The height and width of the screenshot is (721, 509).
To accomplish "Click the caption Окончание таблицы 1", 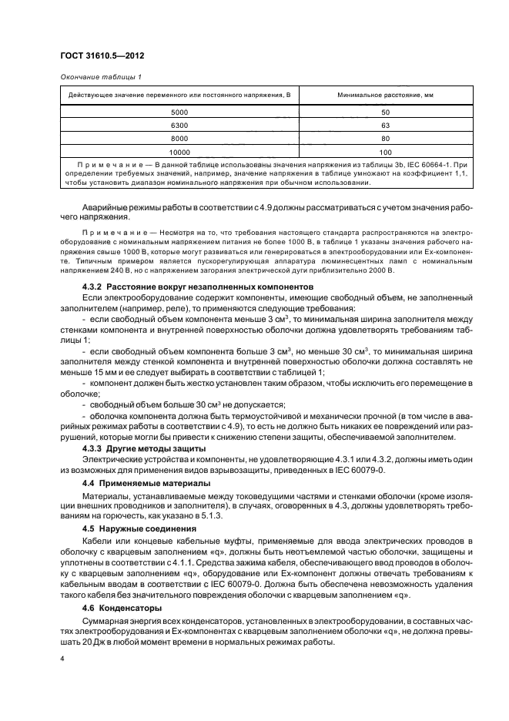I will (x=100, y=76).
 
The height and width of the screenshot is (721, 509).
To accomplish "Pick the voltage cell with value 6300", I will (x=179, y=126).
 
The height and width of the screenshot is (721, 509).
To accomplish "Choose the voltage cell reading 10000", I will (x=179, y=152).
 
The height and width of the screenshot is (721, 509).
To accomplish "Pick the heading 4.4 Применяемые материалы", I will (x=135, y=483).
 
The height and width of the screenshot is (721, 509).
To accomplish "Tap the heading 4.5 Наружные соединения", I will (x=132, y=529).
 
